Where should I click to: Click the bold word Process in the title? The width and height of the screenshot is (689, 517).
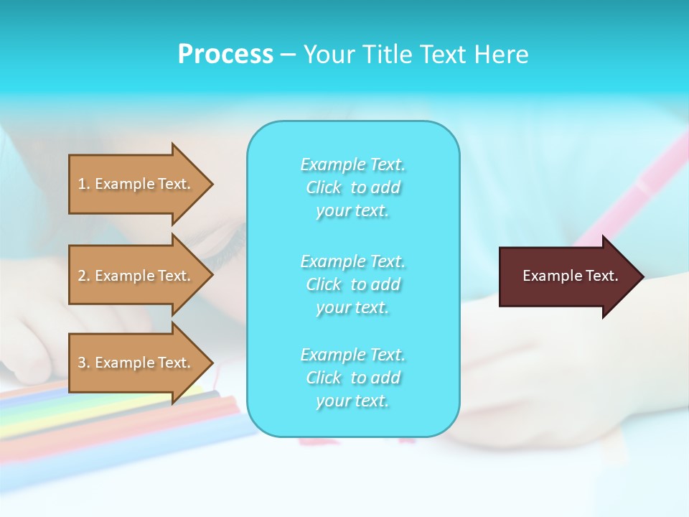coord(225,55)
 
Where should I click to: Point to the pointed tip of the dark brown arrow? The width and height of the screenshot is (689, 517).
coord(642,276)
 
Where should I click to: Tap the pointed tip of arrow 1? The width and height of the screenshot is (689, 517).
coord(212,184)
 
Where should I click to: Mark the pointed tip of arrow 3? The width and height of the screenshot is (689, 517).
coord(212,363)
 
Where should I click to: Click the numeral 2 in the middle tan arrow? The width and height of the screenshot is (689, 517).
coord(82,276)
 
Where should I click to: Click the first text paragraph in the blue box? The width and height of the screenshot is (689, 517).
coord(352,187)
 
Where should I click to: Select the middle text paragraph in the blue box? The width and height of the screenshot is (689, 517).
coord(352,284)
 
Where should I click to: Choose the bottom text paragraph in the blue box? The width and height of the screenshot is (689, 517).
coord(352,378)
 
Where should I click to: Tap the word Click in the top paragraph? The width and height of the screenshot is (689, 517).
coord(324,187)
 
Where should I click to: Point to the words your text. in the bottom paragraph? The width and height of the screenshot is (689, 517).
coord(352,401)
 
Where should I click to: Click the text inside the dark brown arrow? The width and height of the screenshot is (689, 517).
coord(570,276)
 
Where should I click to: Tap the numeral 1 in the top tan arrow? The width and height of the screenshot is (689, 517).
coord(82,184)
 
